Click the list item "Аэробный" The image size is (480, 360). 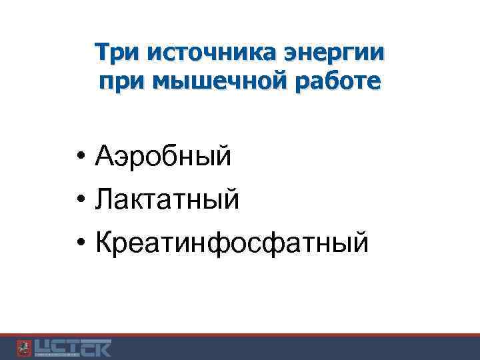click(x=163, y=157)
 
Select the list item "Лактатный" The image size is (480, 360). click(x=167, y=199)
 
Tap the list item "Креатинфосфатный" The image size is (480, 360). click(x=231, y=241)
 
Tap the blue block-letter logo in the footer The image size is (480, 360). click(x=73, y=348)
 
